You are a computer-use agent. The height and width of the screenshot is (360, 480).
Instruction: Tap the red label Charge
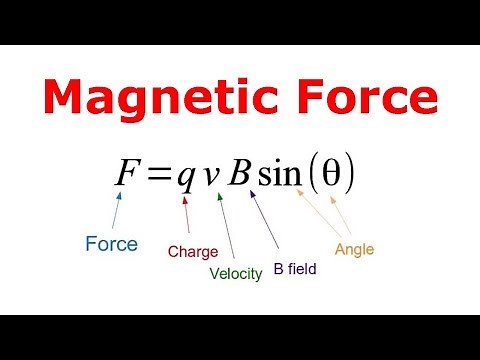(x=192, y=252)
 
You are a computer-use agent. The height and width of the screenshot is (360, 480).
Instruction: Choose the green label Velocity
(x=236, y=273)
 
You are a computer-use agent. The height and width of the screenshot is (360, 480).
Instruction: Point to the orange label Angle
(x=354, y=249)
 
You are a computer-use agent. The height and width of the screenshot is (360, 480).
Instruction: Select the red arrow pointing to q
(x=186, y=215)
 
